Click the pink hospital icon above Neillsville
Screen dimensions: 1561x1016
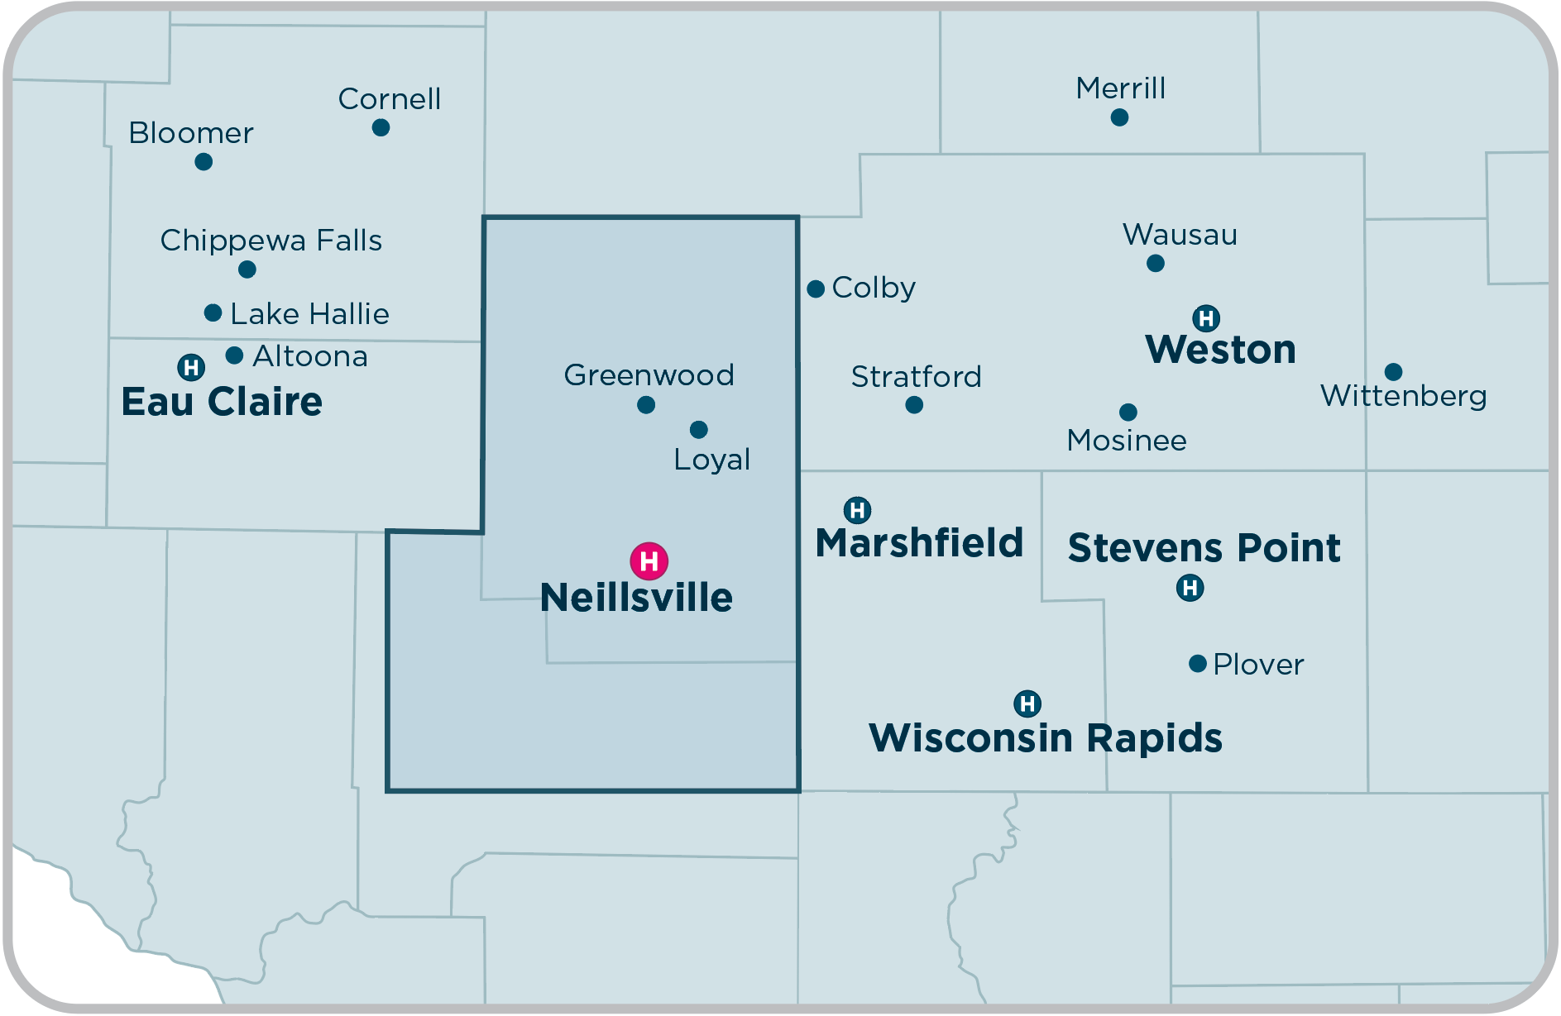click(x=649, y=561)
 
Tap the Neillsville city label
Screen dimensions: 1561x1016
click(x=636, y=598)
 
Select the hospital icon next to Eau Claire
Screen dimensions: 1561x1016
click(x=191, y=366)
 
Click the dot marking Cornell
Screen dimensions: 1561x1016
click(x=381, y=127)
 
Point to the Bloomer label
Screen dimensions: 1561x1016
click(x=191, y=133)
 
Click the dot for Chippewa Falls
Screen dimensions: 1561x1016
click(x=247, y=270)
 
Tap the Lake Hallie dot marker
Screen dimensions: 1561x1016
click(x=213, y=312)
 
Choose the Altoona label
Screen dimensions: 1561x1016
click(x=310, y=356)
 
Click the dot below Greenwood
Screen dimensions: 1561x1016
click(x=646, y=404)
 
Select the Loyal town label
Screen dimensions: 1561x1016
click(x=711, y=460)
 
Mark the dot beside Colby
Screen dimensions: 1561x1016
click(x=816, y=289)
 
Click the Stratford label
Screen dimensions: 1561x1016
click(x=916, y=377)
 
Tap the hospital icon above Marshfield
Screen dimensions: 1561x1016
click(x=857, y=510)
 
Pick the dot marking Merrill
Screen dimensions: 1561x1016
click(x=1119, y=117)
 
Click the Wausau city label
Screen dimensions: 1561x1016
click(x=1180, y=235)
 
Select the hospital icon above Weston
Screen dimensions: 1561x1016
click(x=1206, y=317)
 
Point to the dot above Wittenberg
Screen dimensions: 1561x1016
click(x=1393, y=371)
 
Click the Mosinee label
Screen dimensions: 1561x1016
click(x=1127, y=441)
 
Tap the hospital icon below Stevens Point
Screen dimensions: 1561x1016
click(x=1190, y=588)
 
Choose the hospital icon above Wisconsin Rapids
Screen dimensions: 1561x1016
click(x=1027, y=704)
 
